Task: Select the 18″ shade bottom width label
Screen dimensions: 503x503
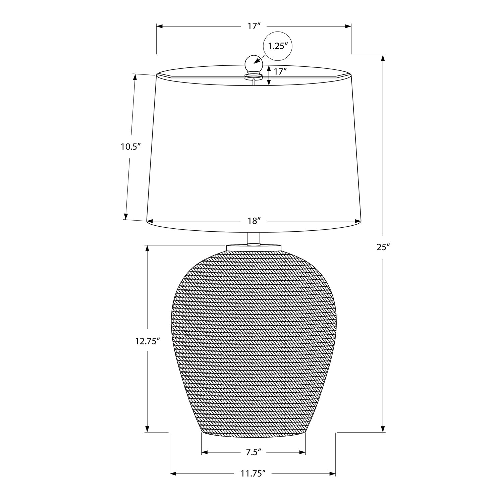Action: point(254,221)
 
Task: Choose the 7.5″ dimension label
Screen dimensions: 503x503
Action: point(254,452)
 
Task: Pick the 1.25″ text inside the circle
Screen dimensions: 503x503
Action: point(278,46)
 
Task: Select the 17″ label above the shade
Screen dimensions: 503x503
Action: point(254,26)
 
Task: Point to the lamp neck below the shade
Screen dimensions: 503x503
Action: point(254,238)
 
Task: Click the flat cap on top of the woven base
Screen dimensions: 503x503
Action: point(254,247)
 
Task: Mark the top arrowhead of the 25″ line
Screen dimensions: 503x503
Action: point(383,58)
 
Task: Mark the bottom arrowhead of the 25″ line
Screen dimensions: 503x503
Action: point(383,429)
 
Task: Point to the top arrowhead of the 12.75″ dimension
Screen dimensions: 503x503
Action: point(147,248)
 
